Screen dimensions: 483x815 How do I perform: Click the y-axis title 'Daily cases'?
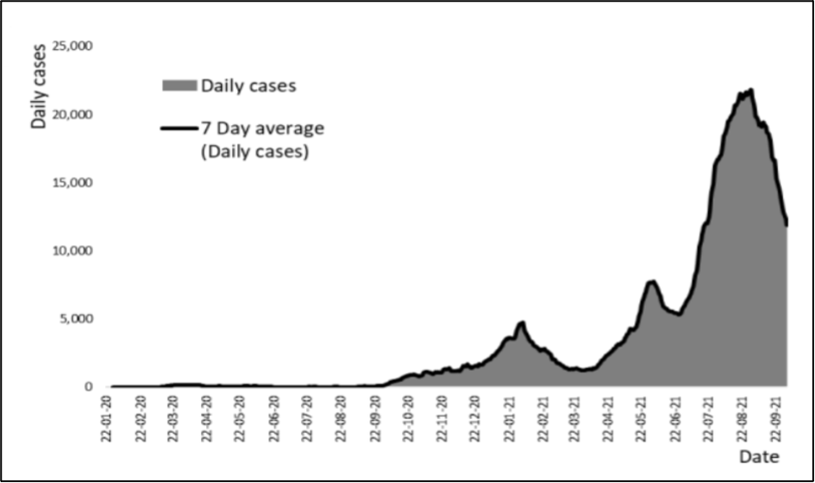point(39,86)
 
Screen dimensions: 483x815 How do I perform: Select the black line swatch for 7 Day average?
point(179,129)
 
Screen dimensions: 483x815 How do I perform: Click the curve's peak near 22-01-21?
point(521,323)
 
